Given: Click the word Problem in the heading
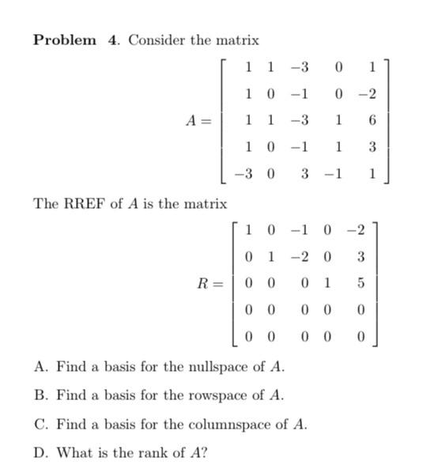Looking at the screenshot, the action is (x=64, y=40).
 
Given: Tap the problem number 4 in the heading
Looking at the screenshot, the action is (x=112, y=40).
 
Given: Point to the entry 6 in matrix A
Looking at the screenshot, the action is (x=372, y=120).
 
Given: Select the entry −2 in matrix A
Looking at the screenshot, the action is (x=367, y=94).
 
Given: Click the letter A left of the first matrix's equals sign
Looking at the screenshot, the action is (x=190, y=120).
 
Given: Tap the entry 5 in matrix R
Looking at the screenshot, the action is (x=361, y=282).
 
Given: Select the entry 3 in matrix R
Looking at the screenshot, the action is (x=361, y=256).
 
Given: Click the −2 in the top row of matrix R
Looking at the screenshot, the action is (x=356, y=230).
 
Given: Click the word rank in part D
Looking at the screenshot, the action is (x=152, y=453).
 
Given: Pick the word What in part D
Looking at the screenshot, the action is (x=74, y=453).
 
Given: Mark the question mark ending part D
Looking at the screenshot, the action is (x=205, y=453).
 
